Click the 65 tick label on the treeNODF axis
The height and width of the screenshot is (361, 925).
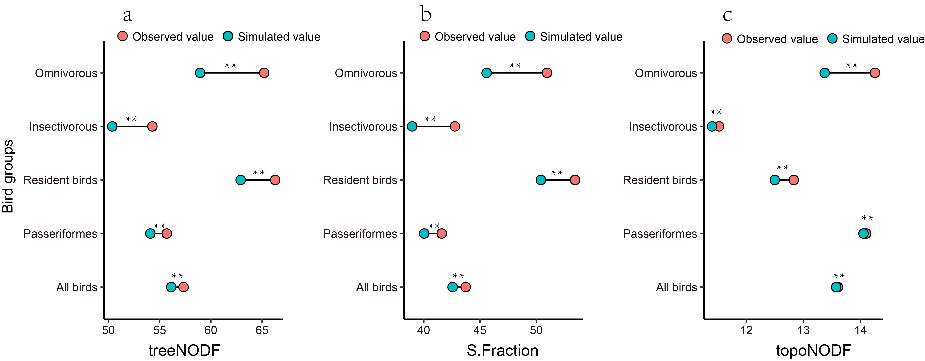pos(262,330)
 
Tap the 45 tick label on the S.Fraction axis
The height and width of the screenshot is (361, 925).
pos(480,330)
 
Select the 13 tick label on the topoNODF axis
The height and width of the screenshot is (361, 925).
pos(804,330)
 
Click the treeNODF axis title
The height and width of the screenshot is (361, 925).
pos(184,350)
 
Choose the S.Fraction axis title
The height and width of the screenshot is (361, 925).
pos(502,350)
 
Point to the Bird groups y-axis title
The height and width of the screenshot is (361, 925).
pos(8,176)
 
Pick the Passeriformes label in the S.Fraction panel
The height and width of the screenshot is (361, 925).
pos(360,234)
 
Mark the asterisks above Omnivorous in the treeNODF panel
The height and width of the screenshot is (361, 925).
pos(231,65)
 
